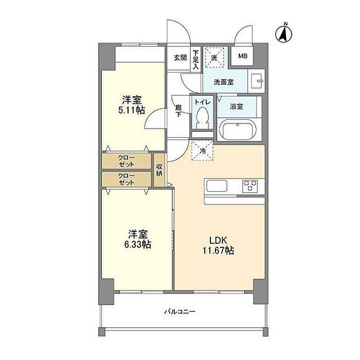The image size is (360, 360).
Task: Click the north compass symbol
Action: (283, 33)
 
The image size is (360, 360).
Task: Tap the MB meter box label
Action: (243, 56)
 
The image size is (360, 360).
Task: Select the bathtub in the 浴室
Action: (238, 130)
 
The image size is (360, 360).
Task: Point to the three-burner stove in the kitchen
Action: (250, 186)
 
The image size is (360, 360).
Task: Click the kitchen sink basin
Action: (217, 186)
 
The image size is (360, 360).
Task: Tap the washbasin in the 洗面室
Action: (257, 81)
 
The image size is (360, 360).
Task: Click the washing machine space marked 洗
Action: (214, 58)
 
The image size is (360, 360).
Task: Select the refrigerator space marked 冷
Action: (202, 151)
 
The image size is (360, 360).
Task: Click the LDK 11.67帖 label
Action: (218, 245)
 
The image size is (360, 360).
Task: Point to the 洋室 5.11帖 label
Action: (132, 105)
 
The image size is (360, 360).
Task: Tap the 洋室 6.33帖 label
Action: (138, 239)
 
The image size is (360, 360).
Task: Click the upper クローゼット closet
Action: (127, 161)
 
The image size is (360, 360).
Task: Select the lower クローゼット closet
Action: (127, 179)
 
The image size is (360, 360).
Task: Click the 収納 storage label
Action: (159, 170)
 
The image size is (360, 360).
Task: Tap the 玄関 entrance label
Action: (180, 58)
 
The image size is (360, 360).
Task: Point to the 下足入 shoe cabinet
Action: (196, 60)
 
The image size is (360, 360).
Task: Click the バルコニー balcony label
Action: (180, 312)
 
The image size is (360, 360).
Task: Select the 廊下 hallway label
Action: (178, 111)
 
